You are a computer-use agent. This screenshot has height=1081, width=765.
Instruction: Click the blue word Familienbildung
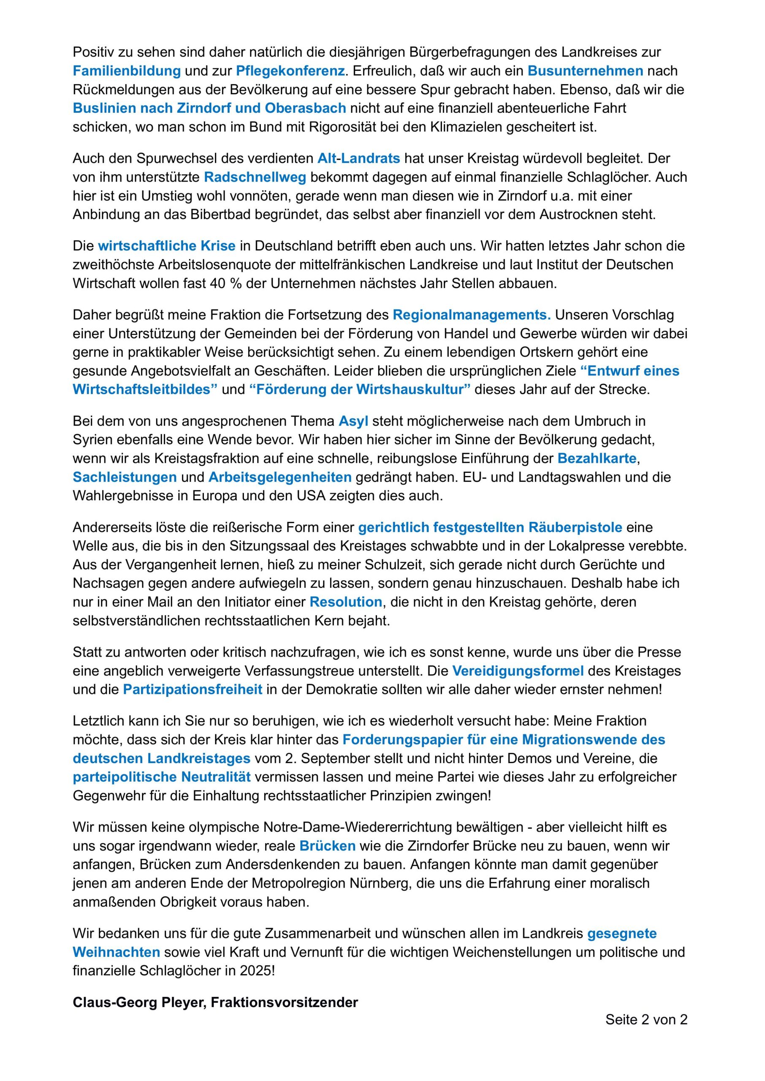tap(126, 71)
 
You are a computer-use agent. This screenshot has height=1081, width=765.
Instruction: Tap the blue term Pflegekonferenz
tap(290, 71)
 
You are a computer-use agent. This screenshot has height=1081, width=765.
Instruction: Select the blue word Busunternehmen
tap(585, 71)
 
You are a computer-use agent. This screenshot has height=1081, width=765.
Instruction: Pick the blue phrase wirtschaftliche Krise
tap(166, 246)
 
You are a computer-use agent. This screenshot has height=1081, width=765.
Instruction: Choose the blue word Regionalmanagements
tap(472, 315)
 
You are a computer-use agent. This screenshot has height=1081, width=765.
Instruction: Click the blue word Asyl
tap(353, 421)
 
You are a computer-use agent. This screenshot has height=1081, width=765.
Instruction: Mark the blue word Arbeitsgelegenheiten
tap(280, 477)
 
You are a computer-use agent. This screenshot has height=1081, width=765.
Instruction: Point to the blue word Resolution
tap(345, 602)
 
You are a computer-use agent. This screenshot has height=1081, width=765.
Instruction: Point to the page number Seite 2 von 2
tap(646, 1020)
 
